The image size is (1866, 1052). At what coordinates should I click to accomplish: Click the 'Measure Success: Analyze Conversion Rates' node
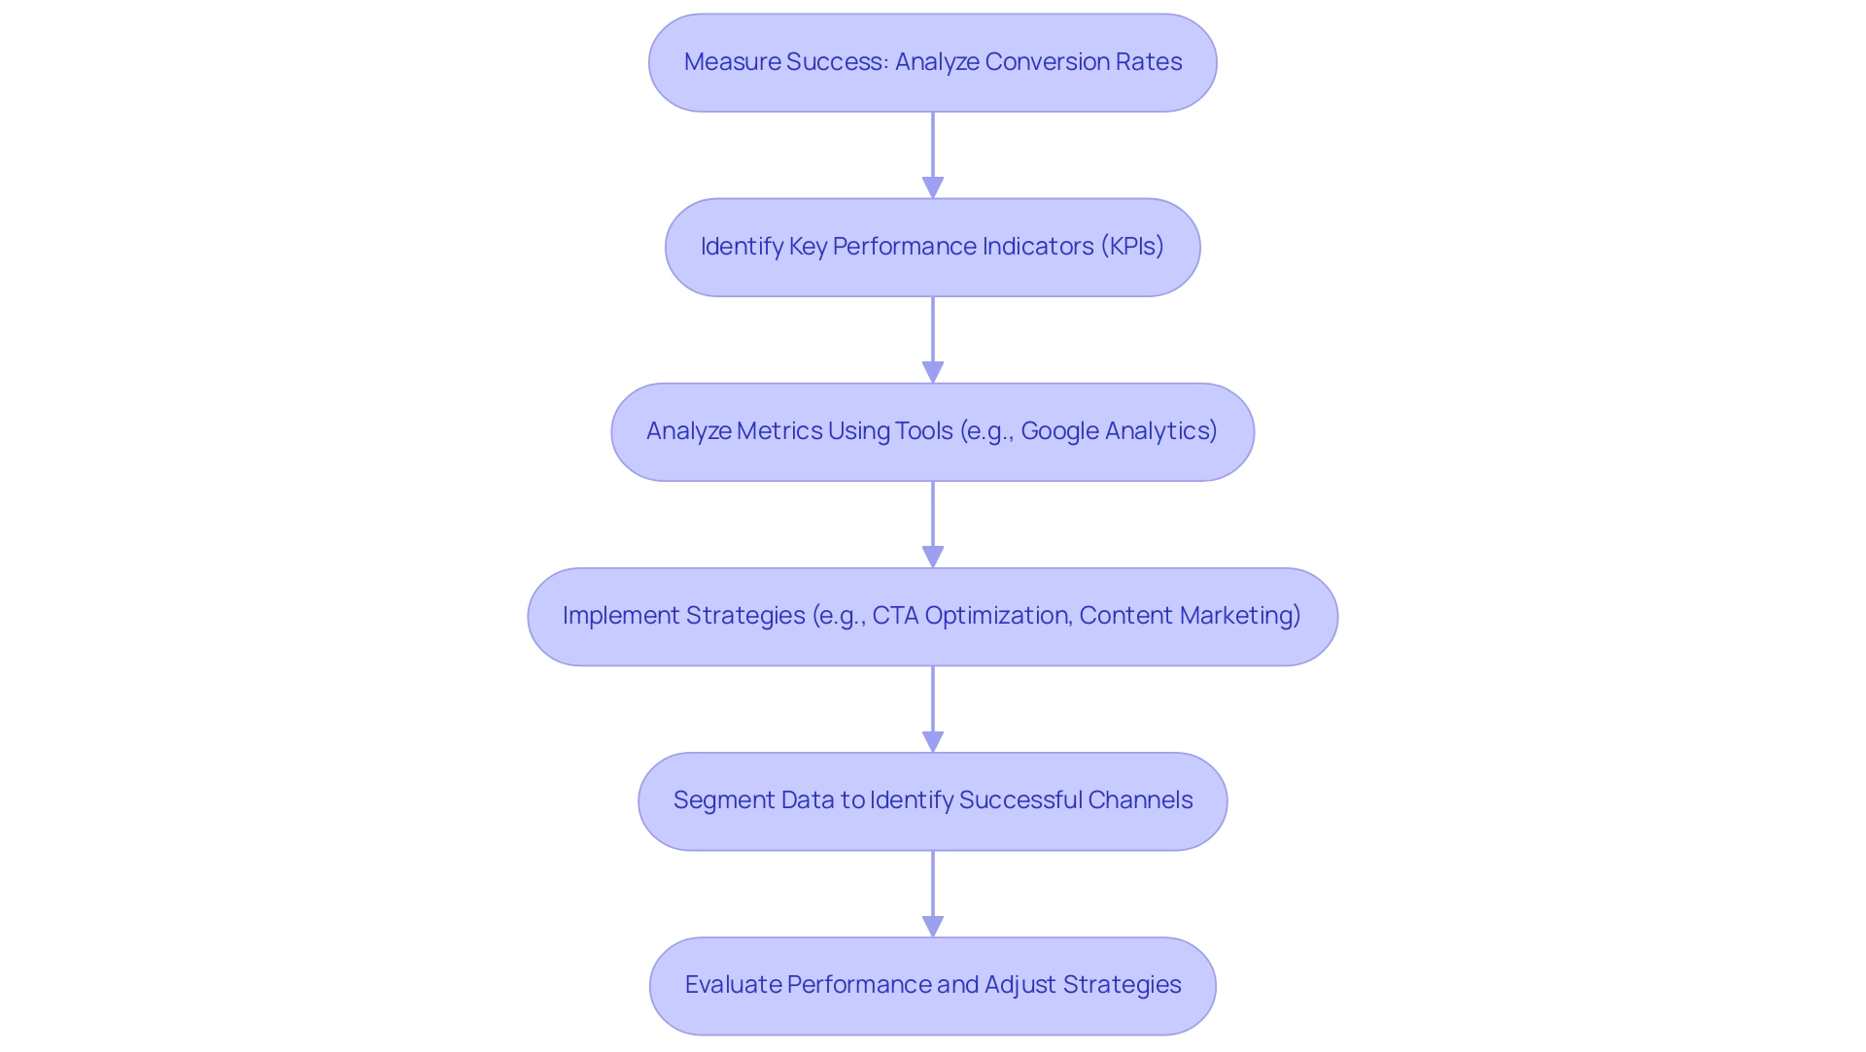point(932,62)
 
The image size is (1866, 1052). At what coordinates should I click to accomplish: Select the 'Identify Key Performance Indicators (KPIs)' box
point(932,247)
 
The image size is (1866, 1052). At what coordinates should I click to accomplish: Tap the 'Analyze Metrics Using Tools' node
point(932,431)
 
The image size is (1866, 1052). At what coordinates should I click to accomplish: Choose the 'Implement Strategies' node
point(932,616)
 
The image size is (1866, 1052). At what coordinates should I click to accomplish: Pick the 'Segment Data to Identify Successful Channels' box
point(932,800)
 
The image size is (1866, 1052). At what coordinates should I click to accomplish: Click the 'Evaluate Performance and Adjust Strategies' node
point(932,985)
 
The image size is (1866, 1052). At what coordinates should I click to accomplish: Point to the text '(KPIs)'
point(1132,247)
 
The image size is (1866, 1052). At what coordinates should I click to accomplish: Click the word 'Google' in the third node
point(1059,431)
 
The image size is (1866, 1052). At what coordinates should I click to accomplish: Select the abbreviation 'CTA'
point(895,616)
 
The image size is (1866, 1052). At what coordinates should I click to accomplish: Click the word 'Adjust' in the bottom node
point(1019,985)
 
